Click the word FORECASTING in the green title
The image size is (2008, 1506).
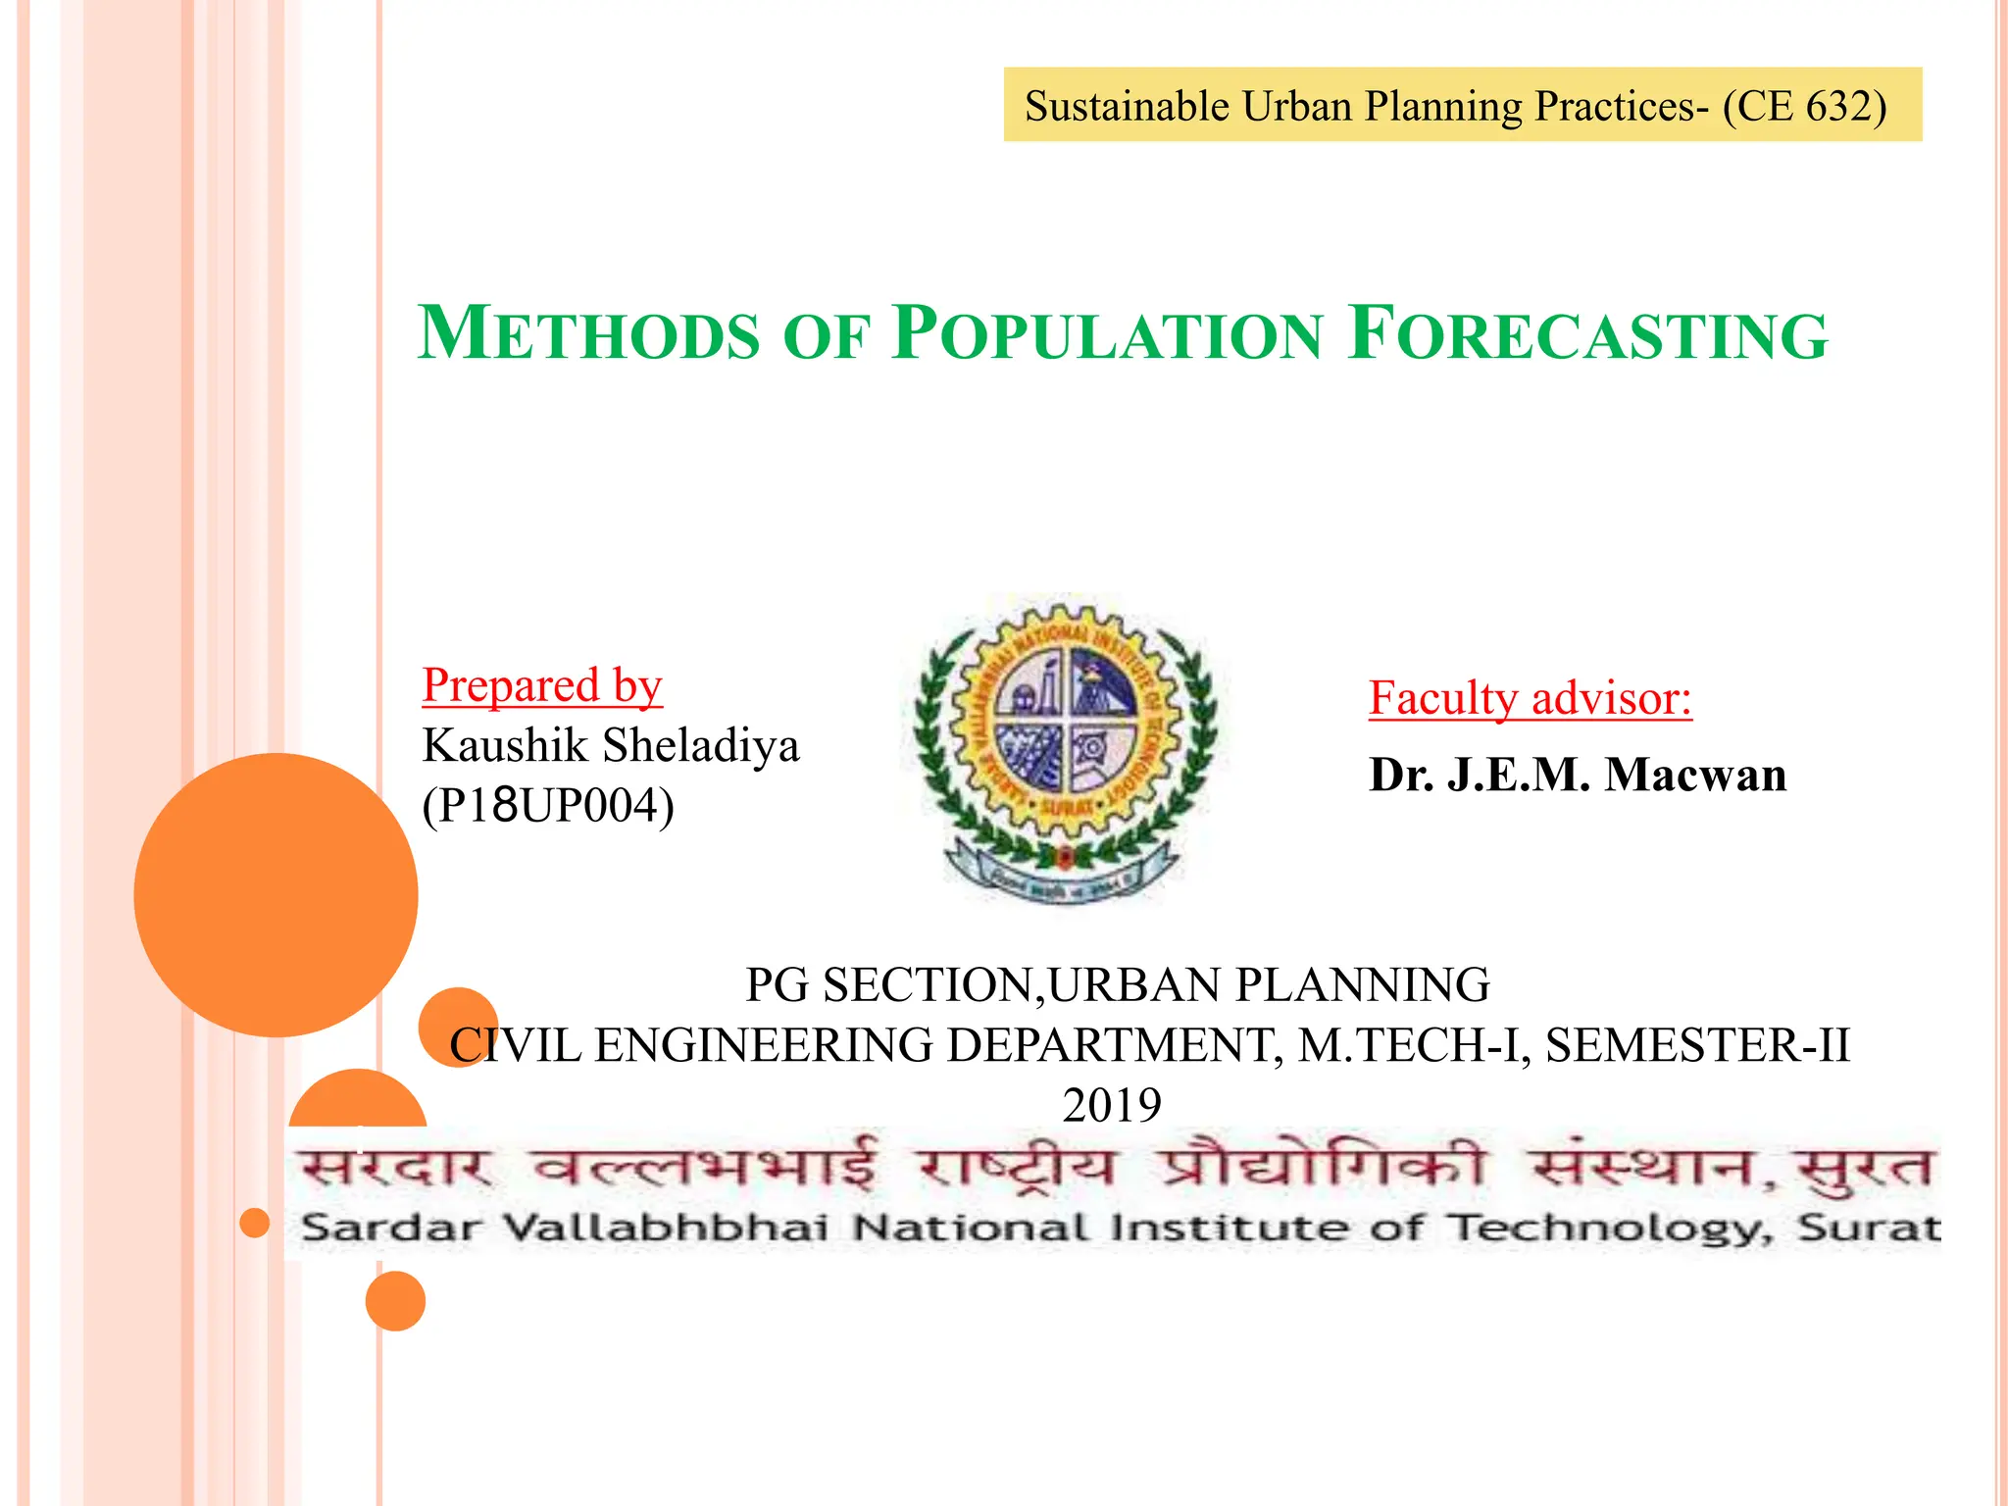(x=1587, y=334)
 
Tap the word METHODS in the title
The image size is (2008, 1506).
(x=588, y=334)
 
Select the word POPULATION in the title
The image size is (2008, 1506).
(x=1108, y=334)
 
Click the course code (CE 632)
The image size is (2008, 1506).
(x=1804, y=106)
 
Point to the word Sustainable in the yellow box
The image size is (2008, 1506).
(x=1127, y=106)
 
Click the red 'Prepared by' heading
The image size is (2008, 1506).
(x=542, y=685)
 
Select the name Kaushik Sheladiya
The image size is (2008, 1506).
(x=611, y=745)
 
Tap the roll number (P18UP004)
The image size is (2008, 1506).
(x=548, y=806)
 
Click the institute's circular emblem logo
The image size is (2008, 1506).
(x=1066, y=747)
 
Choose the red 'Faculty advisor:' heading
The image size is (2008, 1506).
(x=1531, y=698)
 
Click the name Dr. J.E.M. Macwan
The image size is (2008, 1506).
(x=1578, y=775)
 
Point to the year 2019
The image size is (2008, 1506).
(x=1112, y=1105)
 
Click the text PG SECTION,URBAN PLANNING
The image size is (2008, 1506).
(x=1118, y=984)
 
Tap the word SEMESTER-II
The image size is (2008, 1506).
(x=1697, y=1045)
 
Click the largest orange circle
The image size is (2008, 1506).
(x=276, y=894)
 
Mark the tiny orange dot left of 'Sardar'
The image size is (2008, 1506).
(x=255, y=1223)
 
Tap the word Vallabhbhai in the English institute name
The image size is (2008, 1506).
(x=666, y=1228)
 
